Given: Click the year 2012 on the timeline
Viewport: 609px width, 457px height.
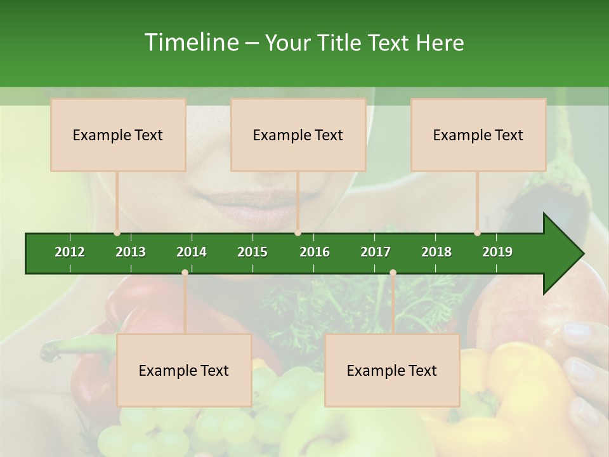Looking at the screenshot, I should point(70,252).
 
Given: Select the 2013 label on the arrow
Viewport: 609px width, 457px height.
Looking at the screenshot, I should point(131,252).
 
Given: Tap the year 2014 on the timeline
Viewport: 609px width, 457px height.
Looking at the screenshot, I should point(192,252).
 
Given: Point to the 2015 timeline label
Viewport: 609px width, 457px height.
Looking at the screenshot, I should point(252,252).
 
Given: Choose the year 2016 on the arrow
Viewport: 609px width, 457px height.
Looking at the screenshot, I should point(315,252).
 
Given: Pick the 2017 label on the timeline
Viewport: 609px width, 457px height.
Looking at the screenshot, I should point(376,252).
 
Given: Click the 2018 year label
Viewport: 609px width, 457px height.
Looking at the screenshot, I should point(436,252).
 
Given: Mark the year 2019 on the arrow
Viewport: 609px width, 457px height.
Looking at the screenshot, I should point(497,252).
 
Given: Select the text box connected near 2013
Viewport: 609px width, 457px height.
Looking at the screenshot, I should point(118,135).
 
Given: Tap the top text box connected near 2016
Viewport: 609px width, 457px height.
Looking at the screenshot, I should point(298,135).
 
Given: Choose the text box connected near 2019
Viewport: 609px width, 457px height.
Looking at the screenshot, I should point(478,135).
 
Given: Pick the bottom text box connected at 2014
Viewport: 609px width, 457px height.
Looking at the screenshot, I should point(184,370).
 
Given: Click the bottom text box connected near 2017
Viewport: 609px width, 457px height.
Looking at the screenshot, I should point(392,370).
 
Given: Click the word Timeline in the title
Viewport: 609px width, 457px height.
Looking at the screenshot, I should point(191,43).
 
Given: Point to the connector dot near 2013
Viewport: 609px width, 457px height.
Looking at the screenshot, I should point(117,233).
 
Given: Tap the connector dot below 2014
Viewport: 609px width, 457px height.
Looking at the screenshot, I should point(185,272).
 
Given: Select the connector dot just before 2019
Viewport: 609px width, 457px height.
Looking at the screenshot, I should point(477,233).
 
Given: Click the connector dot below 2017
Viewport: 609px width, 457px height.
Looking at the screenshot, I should point(393,272).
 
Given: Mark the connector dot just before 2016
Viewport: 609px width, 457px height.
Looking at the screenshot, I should point(298,233).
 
